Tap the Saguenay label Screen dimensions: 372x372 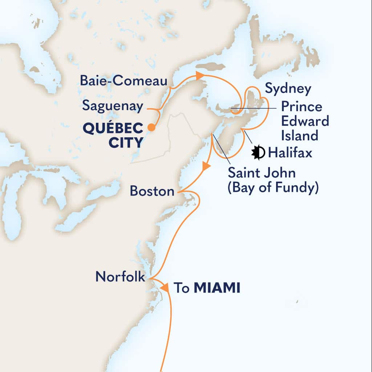click(x=113, y=106)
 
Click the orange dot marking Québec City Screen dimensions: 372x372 click(x=151, y=127)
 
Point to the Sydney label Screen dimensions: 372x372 click(x=288, y=88)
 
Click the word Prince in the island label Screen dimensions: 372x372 click(x=301, y=107)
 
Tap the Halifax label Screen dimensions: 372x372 click(x=290, y=153)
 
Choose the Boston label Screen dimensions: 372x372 click(x=152, y=191)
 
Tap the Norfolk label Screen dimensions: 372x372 click(x=120, y=277)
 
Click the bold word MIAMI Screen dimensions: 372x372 click(x=217, y=288)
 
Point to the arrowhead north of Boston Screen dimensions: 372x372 click(x=206, y=167)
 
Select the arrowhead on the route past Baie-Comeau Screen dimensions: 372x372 click(x=199, y=76)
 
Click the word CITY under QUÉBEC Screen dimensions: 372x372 click(x=125, y=142)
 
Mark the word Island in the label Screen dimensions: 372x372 click(x=299, y=136)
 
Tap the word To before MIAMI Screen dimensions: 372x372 click(x=181, y=288)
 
